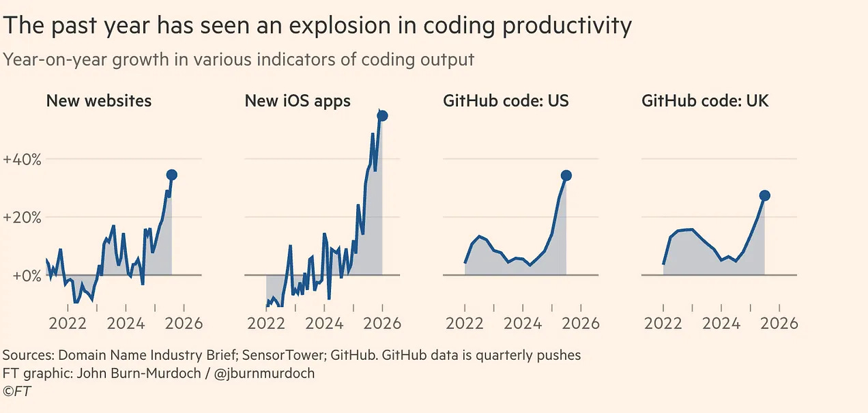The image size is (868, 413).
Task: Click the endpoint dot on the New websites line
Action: point(171,175)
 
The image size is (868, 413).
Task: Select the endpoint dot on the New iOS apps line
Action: point(382,115)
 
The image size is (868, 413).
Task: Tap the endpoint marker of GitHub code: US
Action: point(566,175)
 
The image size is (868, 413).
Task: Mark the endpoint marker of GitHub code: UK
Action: point(764,195)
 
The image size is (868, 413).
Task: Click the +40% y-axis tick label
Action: point(23,160)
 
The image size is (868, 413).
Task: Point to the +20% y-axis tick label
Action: point(23,218)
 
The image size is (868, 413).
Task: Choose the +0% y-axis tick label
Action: point(23,276)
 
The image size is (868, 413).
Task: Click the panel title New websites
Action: point(98,101)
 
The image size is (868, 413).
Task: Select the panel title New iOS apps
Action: point(298,101)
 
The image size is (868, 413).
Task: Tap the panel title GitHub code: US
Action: point(506,101)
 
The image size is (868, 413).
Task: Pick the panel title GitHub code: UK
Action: point(705,101)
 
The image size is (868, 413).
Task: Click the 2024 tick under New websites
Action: point(126,323)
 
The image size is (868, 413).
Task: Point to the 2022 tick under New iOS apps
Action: point(266,323)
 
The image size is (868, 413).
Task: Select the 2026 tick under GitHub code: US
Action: point(581,323)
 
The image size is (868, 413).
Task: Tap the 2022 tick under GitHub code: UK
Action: point(663,323)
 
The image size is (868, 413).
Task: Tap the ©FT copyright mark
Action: point(17,391)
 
